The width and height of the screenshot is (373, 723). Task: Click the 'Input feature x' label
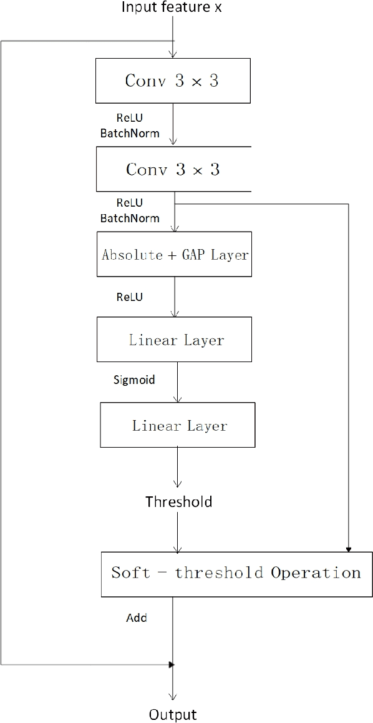click(x=171, y=7)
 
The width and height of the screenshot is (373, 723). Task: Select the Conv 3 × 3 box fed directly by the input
click(x=172, y=81)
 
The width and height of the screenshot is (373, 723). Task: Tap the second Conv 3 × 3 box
click(x=173, y=169)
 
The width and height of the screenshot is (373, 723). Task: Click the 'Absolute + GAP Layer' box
click(x=174, y=254)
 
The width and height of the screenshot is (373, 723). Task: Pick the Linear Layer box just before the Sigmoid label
click(x=175, y=339)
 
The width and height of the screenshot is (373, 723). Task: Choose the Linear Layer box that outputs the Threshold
click(x=178, y=425)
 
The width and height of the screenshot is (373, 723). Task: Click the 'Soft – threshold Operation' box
click(x=235, y=573)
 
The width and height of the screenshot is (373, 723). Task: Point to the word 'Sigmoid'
click(x=133, y=379)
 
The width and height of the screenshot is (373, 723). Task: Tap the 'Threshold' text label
click(x=178, y=501)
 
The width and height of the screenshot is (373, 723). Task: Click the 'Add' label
click(x=137, y=617)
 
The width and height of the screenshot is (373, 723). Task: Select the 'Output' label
click(x=173, y=715)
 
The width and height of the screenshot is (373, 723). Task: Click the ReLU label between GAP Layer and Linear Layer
click(x=129, y=297)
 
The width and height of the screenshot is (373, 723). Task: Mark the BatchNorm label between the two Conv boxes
click(x=130, y=133)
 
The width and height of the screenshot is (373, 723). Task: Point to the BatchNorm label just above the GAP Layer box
click(x=130, y=219)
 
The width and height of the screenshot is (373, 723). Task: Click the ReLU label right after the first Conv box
click(x=129, y=117)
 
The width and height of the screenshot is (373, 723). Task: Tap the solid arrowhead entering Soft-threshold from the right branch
click(x=348, y=549)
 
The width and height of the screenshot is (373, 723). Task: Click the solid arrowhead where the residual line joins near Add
click(x=172, y=664)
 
